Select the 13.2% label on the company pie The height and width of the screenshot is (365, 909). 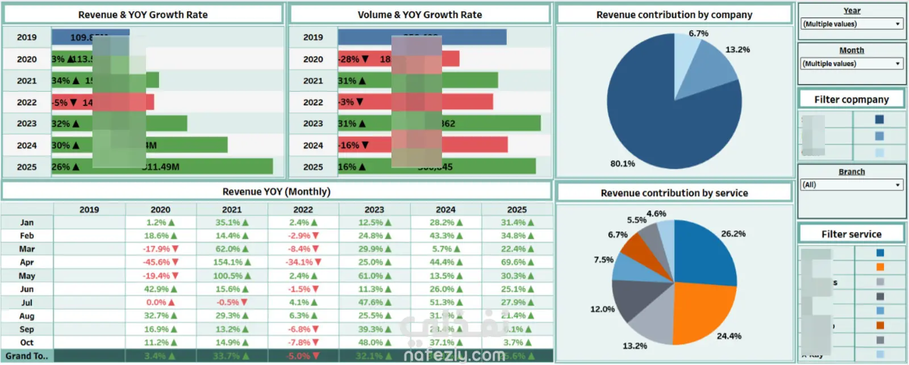coord(737,50)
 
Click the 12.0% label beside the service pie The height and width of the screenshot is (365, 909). coord(602,309)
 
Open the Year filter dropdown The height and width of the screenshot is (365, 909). coord(851,24)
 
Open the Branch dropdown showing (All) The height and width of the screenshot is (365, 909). coord(851,185)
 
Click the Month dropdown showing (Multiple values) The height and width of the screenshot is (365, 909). coord(851,64)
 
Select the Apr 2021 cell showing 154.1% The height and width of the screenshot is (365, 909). coord(232,262)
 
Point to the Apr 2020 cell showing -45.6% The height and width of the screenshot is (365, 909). coord(160,262)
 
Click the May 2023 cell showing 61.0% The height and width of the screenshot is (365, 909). coord(374,276)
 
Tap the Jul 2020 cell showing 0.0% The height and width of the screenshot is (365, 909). coord(160,302)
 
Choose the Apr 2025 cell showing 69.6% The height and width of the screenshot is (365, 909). coord(517,262)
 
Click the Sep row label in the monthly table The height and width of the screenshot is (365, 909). coord(27,329)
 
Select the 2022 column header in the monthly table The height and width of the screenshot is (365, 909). coord(303,210)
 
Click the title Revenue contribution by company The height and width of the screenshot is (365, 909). coord(674,15)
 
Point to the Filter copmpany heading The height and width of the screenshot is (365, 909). coord(851,99)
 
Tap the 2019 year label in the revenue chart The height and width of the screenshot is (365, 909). coord(27,38)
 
